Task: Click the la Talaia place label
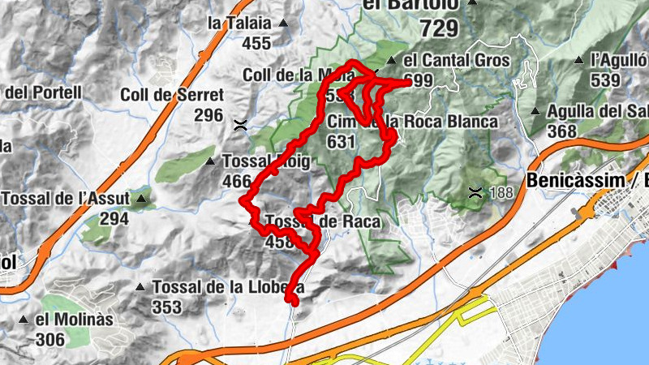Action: coord(239,24)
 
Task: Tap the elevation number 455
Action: coord(256,44)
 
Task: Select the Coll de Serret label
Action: coord(171,95)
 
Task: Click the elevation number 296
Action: coord(208,114)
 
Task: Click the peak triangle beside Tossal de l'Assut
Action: coord(143,198)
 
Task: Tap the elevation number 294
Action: coord(115,218)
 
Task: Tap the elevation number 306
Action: coord(50,340)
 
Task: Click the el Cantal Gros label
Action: coord(456,61)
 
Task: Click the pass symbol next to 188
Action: coord(475,192)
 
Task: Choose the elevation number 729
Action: coord(440,29)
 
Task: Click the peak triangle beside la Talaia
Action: coord(282,24)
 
